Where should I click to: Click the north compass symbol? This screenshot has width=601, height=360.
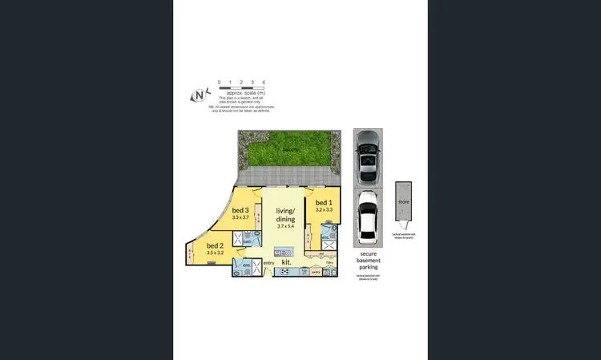point(199,95)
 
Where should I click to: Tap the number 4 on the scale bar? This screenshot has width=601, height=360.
point(252,83)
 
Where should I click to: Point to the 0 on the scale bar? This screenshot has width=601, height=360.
point(219,83)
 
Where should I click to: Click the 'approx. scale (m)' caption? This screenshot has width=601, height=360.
point(235,94)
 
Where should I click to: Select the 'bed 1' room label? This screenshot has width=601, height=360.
point(323,203)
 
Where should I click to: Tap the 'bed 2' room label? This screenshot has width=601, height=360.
point(215,245)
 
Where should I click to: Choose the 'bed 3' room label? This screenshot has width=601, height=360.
point(241,210)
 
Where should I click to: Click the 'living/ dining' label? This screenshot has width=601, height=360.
point(286,214)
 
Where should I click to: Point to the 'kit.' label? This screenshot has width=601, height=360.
point(286,261)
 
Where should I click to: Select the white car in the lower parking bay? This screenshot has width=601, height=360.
point(368,218)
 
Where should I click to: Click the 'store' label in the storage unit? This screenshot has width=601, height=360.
point(404,202)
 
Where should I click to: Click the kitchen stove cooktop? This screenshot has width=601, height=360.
point(284,272)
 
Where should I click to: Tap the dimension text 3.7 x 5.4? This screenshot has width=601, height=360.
point(286,227)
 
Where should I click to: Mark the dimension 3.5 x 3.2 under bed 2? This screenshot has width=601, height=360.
point(216,253)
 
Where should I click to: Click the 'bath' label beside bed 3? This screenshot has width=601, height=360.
point(248,241)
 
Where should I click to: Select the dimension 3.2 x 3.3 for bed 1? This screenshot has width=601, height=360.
point(323,210)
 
